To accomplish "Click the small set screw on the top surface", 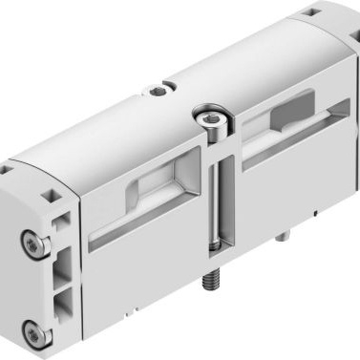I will [x=157, y=92].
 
